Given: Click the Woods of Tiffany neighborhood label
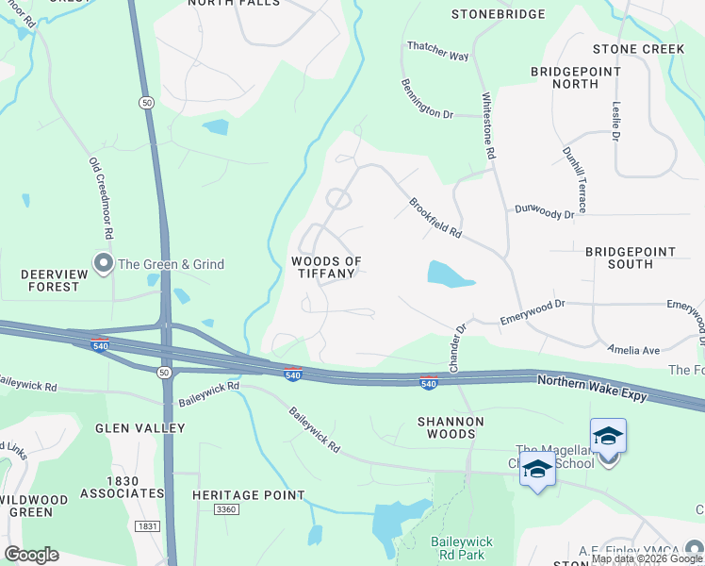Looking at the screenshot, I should click(x=326, y=267).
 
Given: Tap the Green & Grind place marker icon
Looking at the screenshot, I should click(x=103, y=263).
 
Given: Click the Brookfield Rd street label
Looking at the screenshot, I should click(x=434, y=217).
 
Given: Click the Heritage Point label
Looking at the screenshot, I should click(x=249, y=495).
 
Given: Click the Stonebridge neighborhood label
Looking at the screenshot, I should click(x=498, y=14).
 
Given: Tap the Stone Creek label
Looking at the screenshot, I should click(x=638, y=48).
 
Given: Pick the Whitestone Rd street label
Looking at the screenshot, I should click(x=489, y=125).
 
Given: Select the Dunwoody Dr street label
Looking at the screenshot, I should click(x=544, y=215).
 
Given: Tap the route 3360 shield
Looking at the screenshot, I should click(x=226, y=509).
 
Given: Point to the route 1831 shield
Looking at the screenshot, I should click(x=147, y=526).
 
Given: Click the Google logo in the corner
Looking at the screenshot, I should click(x=31, y=554).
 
